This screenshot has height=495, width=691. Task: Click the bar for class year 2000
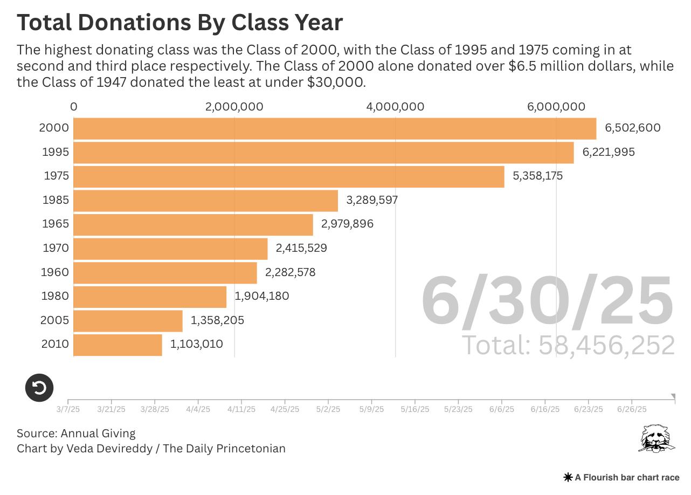334,128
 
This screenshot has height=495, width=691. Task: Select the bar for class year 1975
288,176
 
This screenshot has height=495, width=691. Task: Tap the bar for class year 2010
118,345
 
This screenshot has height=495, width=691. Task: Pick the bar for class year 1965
193,224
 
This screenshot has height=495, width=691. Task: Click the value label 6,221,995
608,152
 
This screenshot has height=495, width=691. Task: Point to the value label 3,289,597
372,200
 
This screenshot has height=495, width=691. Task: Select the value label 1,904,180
261,296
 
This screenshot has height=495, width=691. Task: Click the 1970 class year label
56,248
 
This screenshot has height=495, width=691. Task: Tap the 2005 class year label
54,320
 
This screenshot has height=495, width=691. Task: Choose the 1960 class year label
55,272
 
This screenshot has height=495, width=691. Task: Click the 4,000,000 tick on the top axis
395,107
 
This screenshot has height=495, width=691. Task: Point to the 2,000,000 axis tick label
234,107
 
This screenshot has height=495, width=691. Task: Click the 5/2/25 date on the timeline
328,409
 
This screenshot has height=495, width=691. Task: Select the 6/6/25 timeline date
502,409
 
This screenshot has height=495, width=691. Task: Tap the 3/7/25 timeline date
68,409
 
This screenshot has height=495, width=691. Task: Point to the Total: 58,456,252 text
569,345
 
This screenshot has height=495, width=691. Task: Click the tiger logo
656,438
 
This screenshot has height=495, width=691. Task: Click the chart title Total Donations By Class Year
179,23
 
